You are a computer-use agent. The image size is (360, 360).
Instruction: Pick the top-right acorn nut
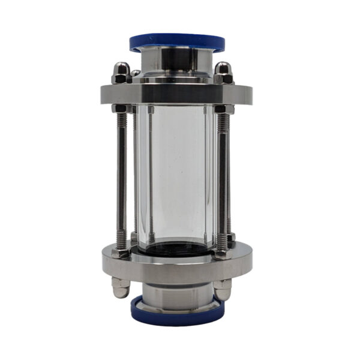[x=223, y=73]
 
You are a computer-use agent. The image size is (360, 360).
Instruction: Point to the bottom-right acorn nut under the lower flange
[x=223, y=289]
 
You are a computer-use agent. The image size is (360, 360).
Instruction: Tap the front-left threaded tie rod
[x=122, y=180]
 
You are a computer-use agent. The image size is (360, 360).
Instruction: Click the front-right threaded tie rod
[x=223, y=180]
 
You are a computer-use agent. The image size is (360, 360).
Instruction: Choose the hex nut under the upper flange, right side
[x=223, y=109]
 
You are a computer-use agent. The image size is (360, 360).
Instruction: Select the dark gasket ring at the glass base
[x=177, y=247]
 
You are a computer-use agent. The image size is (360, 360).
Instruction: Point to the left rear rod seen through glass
[x=151, y=174]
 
